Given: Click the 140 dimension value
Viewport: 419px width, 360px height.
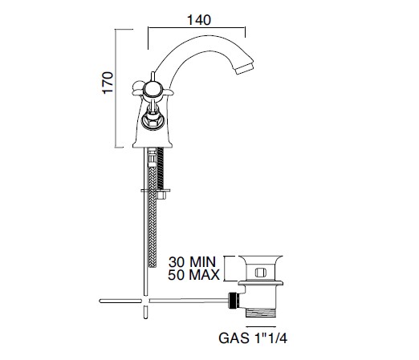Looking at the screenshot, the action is tap(199, 20).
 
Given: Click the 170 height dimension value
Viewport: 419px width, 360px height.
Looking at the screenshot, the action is tap(108, 83).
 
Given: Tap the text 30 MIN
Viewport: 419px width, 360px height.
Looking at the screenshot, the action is tap(192, 262).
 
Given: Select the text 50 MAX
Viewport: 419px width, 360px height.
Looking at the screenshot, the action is tap(193, 275).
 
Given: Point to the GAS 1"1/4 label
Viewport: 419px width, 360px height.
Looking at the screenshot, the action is tap(253, 338).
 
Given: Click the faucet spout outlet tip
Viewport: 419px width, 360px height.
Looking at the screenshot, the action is tap(244, 68).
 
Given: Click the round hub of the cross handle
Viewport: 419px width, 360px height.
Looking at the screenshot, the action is tap(152, 90).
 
